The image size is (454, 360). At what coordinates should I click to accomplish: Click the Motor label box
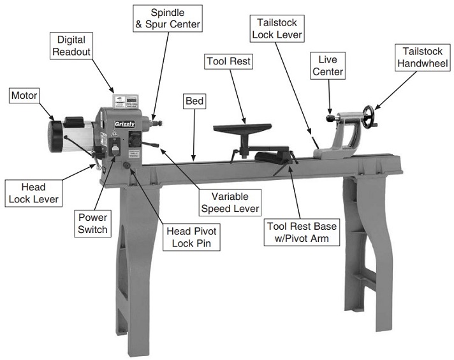click(x=24, y=96)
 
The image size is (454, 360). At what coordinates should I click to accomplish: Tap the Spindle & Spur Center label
click(x=167, y=19)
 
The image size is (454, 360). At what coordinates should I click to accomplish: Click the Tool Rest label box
click(x=228, y=61)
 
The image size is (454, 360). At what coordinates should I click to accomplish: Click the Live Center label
click(x=328, y=66)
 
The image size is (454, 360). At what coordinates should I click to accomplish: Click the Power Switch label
click(x=93, y=223)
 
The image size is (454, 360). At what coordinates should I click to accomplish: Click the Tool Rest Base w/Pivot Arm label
click(x=301, y=232)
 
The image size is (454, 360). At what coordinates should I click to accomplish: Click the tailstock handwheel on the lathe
click(x=368, y=117)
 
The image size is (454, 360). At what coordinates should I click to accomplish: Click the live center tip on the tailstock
click(x=327, y=119)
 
